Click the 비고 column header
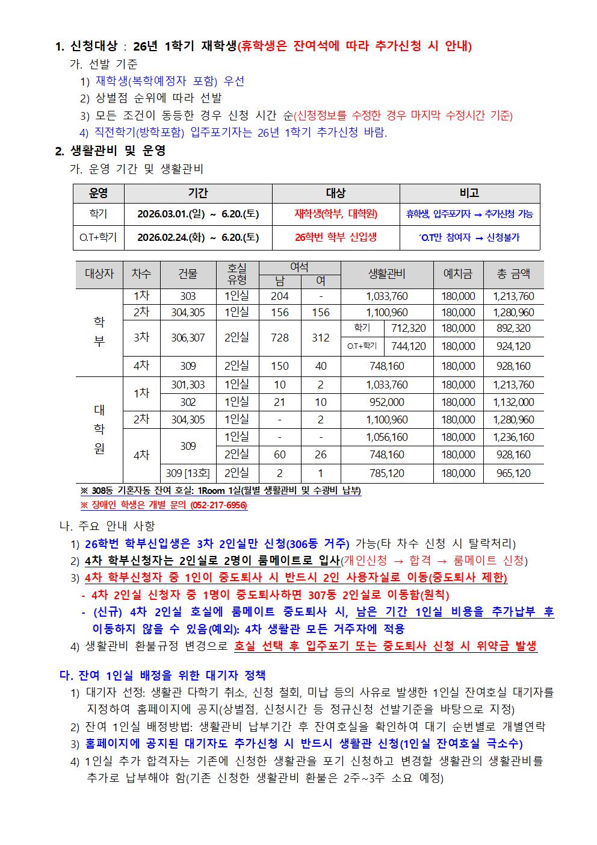pos(469,193)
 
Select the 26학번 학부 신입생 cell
pos(336,237)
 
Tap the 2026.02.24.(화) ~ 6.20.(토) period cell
pos(198,237)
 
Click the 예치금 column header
pos(458,273)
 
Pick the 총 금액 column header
pos(513,273)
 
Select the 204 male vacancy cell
pos(280,296)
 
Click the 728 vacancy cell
pos(280,338)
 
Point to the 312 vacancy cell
pos(320,338)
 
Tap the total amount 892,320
pos(513,328)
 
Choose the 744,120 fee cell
pos(409,346)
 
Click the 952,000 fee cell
pos(387,402)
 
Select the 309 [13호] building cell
pos(188,473)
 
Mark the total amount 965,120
pos(513,473)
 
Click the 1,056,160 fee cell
pos(387,437)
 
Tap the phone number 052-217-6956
pos(218,505)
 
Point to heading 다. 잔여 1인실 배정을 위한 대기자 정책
pos(162,675)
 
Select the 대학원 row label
pos(99,429)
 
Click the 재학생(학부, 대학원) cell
pos(336,213)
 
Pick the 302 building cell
pos(188,402)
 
